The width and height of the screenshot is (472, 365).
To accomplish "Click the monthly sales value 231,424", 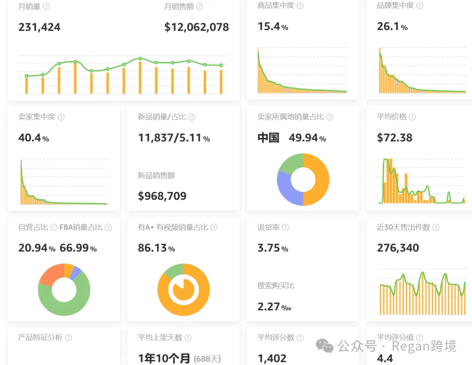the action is pyautogui.click(x=39, y=27).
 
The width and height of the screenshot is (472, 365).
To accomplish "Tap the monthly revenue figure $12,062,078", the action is pyautogui.click(x=197, y=27).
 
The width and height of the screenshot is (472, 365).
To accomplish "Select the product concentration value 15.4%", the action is pyautogui.click(x=273, y=27).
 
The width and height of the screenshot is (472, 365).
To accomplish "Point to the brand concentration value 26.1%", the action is pyautogui.click(x=392, y=27).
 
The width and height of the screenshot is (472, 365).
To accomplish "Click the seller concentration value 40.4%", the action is pyautogui.click(x=34, y=138).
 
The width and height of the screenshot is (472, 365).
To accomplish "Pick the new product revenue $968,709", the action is pyautogui.click(x=162, y=196).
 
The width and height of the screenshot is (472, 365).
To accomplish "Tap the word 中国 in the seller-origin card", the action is pyautogui.click(x=268, y=138).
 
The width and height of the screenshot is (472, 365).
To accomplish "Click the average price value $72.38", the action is pyautogui.click(x=395, y=138).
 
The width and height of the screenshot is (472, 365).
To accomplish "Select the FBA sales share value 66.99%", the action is pyautogui.click(x=78, y=248).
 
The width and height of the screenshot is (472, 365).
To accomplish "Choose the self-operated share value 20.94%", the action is pyautogui.click(x=37, y=248).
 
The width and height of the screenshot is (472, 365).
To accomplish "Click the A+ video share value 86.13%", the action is pyautogui.click(x=156, y=248).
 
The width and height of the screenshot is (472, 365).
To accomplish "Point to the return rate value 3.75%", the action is pyautogui.click(x=273, y=248).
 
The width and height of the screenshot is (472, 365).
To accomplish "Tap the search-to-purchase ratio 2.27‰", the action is pyautogui.click(x=274, y=306).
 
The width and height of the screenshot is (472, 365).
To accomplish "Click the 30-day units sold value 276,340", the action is pyautogui.click(x=398, y=248).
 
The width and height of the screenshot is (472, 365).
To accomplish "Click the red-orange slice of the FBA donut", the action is pyautogui.click(x=52, y=275).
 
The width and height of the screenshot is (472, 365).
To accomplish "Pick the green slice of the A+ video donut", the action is pyautogui.click(x=174, y=271).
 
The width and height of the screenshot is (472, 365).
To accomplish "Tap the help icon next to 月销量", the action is pyautogui.click(x=46, y=6).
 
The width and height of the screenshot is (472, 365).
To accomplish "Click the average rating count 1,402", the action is pyautogui.click(x=272, y=358).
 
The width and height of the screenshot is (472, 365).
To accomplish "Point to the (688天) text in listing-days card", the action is pyautogui.click(x=207, y=359).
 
